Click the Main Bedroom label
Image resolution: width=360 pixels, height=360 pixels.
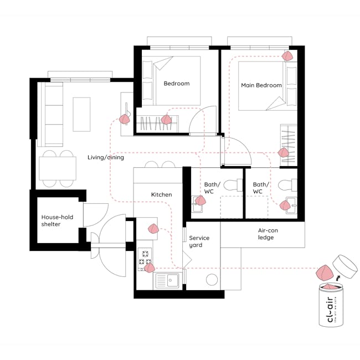pyautogui.click(x=261, y=85)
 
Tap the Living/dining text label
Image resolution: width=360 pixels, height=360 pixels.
pyautogui.click(x=106, y=157)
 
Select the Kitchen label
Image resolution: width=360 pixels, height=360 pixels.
pyautogui.click(x=161, y=194)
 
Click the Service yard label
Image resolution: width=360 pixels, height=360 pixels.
pyautogui.click(x=199, y=241)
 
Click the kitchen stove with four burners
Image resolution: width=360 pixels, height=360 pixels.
pyautogui.click(x=145, y=256)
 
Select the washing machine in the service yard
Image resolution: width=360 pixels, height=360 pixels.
pyautogui.click(x=212, y=280)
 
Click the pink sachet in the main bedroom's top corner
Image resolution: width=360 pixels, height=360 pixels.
pyautogui.click(x=287, y=56)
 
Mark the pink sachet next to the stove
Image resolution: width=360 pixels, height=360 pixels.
pyautogui.click(x=149, y=268)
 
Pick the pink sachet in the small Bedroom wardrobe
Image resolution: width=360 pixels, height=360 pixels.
pyautogui.click(x=167, y=119)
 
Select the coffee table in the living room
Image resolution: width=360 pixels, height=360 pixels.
pyautogui.click(x=81, y=114)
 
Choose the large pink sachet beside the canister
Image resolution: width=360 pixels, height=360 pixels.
pyautogui.click(x=323, y=272)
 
